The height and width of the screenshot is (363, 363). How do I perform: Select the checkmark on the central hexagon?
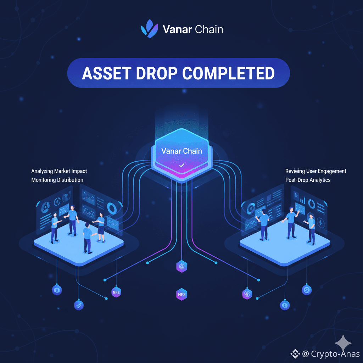[x=181, y=165]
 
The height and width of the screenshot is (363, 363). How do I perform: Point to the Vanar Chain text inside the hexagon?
[x=181, y=151]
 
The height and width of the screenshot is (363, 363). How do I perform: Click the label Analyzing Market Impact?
[x=59, y=171]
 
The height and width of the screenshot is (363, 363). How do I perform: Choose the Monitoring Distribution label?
[x=57, y=180]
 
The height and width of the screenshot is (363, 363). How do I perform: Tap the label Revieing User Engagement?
[x=316, y=171]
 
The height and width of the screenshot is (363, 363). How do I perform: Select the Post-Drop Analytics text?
[x=308, y=180]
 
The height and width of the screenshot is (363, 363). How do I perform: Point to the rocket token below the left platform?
[x=78, y=305]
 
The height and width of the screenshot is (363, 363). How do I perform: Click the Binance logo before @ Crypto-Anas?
[x=295, y=354]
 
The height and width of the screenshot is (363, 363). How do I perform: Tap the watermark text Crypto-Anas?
[x=335, y=354]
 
